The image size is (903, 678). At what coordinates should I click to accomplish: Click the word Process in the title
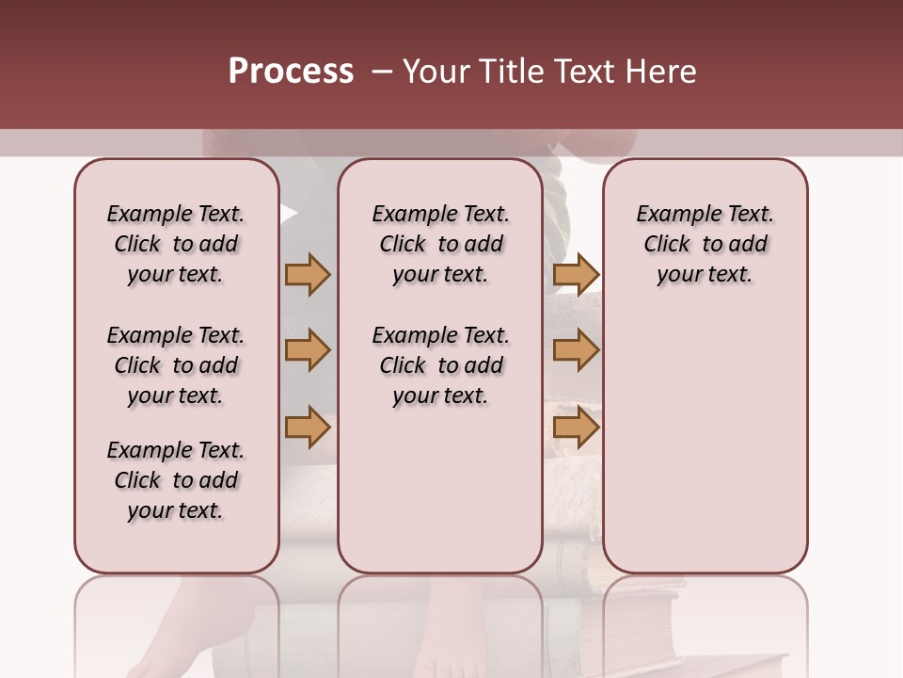point(291,72)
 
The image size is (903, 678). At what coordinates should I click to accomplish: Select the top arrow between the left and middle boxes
point(308,275)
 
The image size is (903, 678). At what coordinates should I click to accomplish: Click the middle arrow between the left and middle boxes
point(308,351)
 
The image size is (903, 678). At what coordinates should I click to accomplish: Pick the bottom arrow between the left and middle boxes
point(308,428)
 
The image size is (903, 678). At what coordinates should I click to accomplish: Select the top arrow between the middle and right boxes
point(576,275)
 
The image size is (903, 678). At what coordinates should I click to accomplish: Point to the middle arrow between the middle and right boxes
point(576,351)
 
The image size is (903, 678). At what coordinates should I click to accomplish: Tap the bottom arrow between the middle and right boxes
point(576,428)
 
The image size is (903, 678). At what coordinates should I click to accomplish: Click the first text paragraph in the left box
point(176,244)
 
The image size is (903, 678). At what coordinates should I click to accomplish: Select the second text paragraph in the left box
point(176,365)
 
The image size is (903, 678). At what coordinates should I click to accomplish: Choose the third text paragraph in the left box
point(176,480)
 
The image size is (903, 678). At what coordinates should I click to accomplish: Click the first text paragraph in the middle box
point(440,244)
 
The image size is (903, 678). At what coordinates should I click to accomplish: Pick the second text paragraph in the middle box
point(440,365)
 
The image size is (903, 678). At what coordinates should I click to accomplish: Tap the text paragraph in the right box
point(705,244)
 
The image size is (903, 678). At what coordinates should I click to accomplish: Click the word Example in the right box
point(671,215)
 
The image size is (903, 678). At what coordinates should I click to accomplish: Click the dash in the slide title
point(382,72)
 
